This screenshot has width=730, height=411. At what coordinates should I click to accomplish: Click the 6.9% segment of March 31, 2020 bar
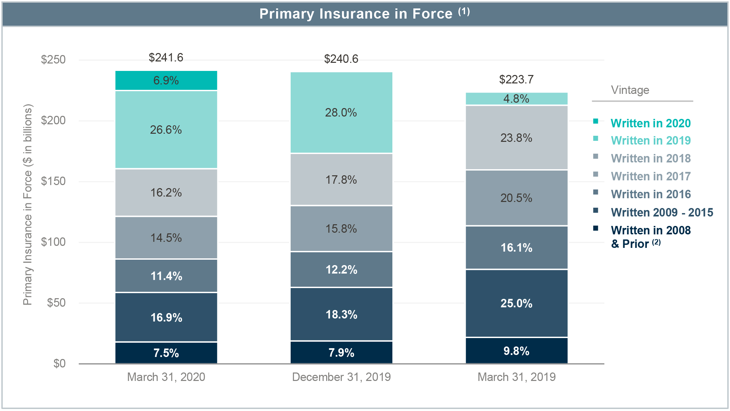[x=166, y=80]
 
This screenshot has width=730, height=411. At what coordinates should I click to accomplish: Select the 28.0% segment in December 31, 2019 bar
[x=341, y=112]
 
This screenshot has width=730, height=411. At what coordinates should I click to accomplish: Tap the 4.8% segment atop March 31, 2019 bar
[x=516, y=99]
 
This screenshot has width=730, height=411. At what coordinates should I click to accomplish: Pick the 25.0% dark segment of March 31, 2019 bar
[x=516, y=303]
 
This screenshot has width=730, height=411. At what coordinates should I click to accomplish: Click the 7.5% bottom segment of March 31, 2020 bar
[x=166, y=353]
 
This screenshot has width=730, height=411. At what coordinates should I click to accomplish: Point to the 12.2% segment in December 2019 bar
[x=341, y=269]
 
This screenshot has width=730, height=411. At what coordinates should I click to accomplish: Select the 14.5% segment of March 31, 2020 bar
[x=166, y=238]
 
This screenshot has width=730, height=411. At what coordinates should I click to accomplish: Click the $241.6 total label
[x=166, y=58]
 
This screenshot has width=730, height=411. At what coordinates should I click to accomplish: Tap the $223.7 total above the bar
[x=516, y=79]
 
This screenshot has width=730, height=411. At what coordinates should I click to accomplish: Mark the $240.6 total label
[x=341, y=59]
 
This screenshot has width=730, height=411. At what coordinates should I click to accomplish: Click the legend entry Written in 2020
[x=650, y=123]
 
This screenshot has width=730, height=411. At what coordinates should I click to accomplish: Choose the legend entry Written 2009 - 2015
[x=662, y=212]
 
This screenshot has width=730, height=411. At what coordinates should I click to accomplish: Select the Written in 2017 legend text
[x=650, y=176]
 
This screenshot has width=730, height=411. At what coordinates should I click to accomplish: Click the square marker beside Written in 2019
[x=595, y=138]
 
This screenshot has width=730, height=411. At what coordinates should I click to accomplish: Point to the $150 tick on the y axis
[x=53, y=181]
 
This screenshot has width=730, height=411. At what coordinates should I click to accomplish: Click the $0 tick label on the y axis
[x=59, y=363]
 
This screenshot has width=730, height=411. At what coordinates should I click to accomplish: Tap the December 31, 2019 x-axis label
[x=341, y=377]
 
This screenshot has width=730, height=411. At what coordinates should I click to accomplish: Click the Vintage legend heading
[x=630, y=90]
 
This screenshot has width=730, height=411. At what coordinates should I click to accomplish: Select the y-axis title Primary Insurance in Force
[x=28, y=205]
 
